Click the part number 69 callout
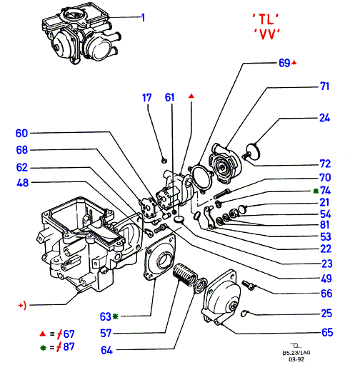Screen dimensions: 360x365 click(x=284, y=63)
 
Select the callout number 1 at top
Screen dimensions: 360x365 click(x=143, y=18)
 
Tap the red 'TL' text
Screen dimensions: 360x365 click(x=266, y=19)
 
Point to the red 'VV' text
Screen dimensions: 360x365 click(x=266, y=34)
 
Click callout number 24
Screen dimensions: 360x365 click(x=324, y=118)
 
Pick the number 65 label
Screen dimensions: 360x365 click(x=327, y=332)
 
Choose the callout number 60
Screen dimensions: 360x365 click(x=21, y=134)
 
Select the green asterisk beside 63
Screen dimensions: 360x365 click(x=115, y=316)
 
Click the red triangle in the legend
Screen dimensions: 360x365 click(x=43, y=334)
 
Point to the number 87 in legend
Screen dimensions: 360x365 click(x=69, y=346)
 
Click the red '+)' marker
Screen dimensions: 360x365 click(x=22, y=305)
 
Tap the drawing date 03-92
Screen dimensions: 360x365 click(x=296, y=359)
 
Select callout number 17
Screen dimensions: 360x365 click(x=146, y=98)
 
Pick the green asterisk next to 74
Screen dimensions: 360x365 click(x=316, y=191)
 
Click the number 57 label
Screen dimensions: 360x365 click(x=106, y=333)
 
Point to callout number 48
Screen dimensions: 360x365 click(x=22, y=183)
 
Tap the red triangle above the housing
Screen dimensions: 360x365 click(x=191, y=96)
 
